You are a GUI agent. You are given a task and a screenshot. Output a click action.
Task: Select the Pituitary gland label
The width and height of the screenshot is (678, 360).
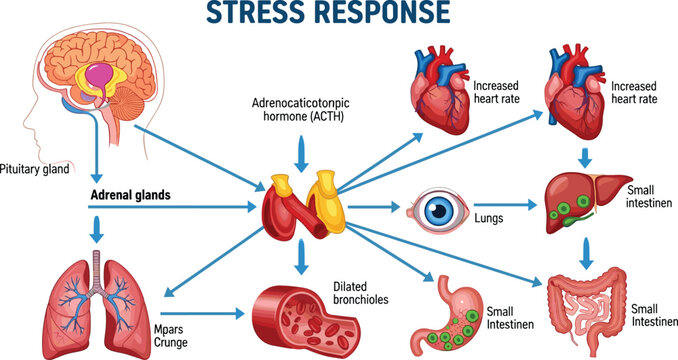34,169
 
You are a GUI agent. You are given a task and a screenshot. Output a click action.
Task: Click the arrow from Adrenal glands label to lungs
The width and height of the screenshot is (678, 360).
98,230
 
